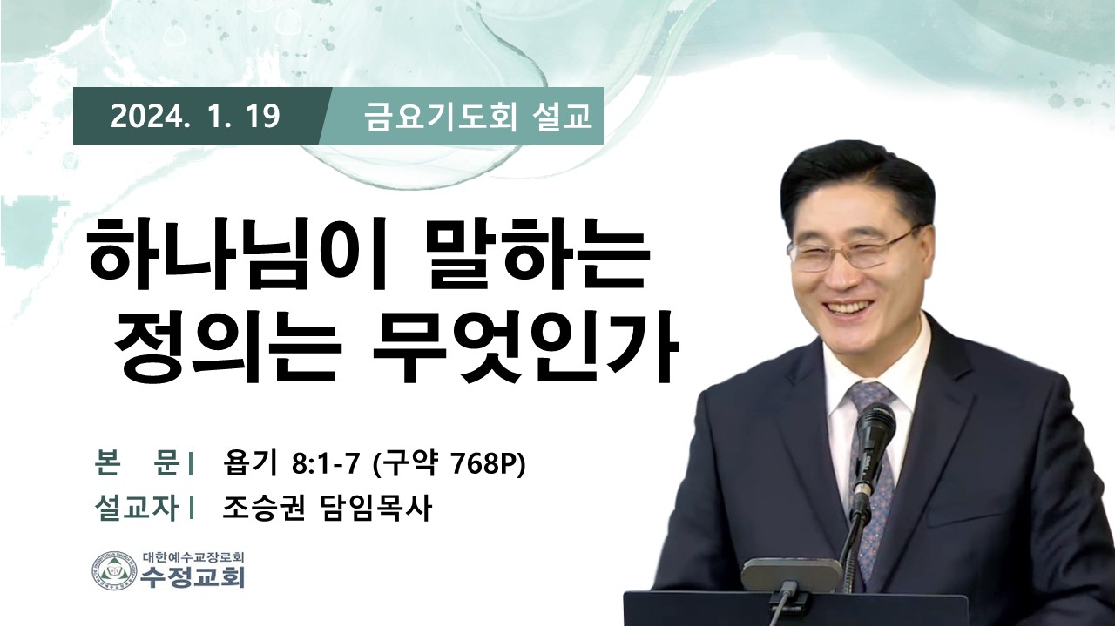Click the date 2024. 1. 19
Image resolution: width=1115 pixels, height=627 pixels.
(195, 117)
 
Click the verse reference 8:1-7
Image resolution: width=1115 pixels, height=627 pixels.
(326, 465)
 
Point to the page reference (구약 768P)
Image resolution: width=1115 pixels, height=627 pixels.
(449, 465)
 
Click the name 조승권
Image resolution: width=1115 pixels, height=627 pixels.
(263, 508)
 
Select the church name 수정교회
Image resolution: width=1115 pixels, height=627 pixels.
(193, 576)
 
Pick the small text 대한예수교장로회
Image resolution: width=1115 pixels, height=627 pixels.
(193, 556)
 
